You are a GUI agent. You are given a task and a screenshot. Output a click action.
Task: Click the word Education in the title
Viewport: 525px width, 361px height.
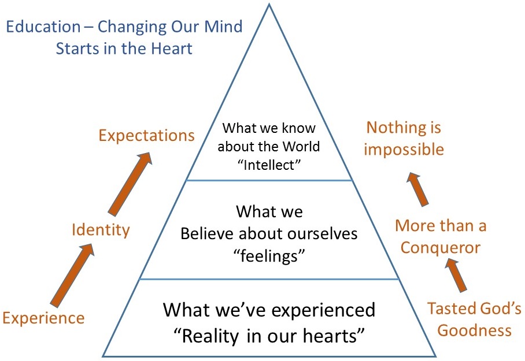(43, 27)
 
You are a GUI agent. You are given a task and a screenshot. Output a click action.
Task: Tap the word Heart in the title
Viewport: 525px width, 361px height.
(171, 49)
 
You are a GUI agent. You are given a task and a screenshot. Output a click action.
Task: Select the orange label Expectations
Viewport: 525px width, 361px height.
(147, 136)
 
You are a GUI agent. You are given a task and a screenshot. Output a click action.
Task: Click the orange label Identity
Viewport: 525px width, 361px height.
(101, 230)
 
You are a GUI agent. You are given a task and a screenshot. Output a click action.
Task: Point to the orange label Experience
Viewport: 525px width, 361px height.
(43, 318)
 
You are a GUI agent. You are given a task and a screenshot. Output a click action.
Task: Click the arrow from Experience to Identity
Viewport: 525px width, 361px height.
(73, 275)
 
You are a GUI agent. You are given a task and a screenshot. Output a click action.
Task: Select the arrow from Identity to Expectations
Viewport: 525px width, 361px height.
(130, 184)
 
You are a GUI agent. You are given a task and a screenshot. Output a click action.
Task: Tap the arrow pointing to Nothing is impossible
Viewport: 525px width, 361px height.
(417, 189)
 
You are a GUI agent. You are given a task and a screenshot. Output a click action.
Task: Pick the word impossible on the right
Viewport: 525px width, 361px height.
(404, 150)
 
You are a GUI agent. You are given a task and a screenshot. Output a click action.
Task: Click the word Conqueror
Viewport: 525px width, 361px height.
(440, 248)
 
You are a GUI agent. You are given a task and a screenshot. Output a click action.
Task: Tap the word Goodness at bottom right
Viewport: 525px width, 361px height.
(475, 330)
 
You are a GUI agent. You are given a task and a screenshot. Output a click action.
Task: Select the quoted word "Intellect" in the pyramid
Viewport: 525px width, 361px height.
(269, 165)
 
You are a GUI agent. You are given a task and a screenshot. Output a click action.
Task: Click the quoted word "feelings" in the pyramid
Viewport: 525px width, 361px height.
(269, 256)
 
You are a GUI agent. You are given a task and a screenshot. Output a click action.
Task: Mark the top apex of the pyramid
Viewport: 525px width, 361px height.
(269, 4)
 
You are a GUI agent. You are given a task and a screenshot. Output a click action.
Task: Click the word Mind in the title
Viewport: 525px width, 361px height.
(223, 27)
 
